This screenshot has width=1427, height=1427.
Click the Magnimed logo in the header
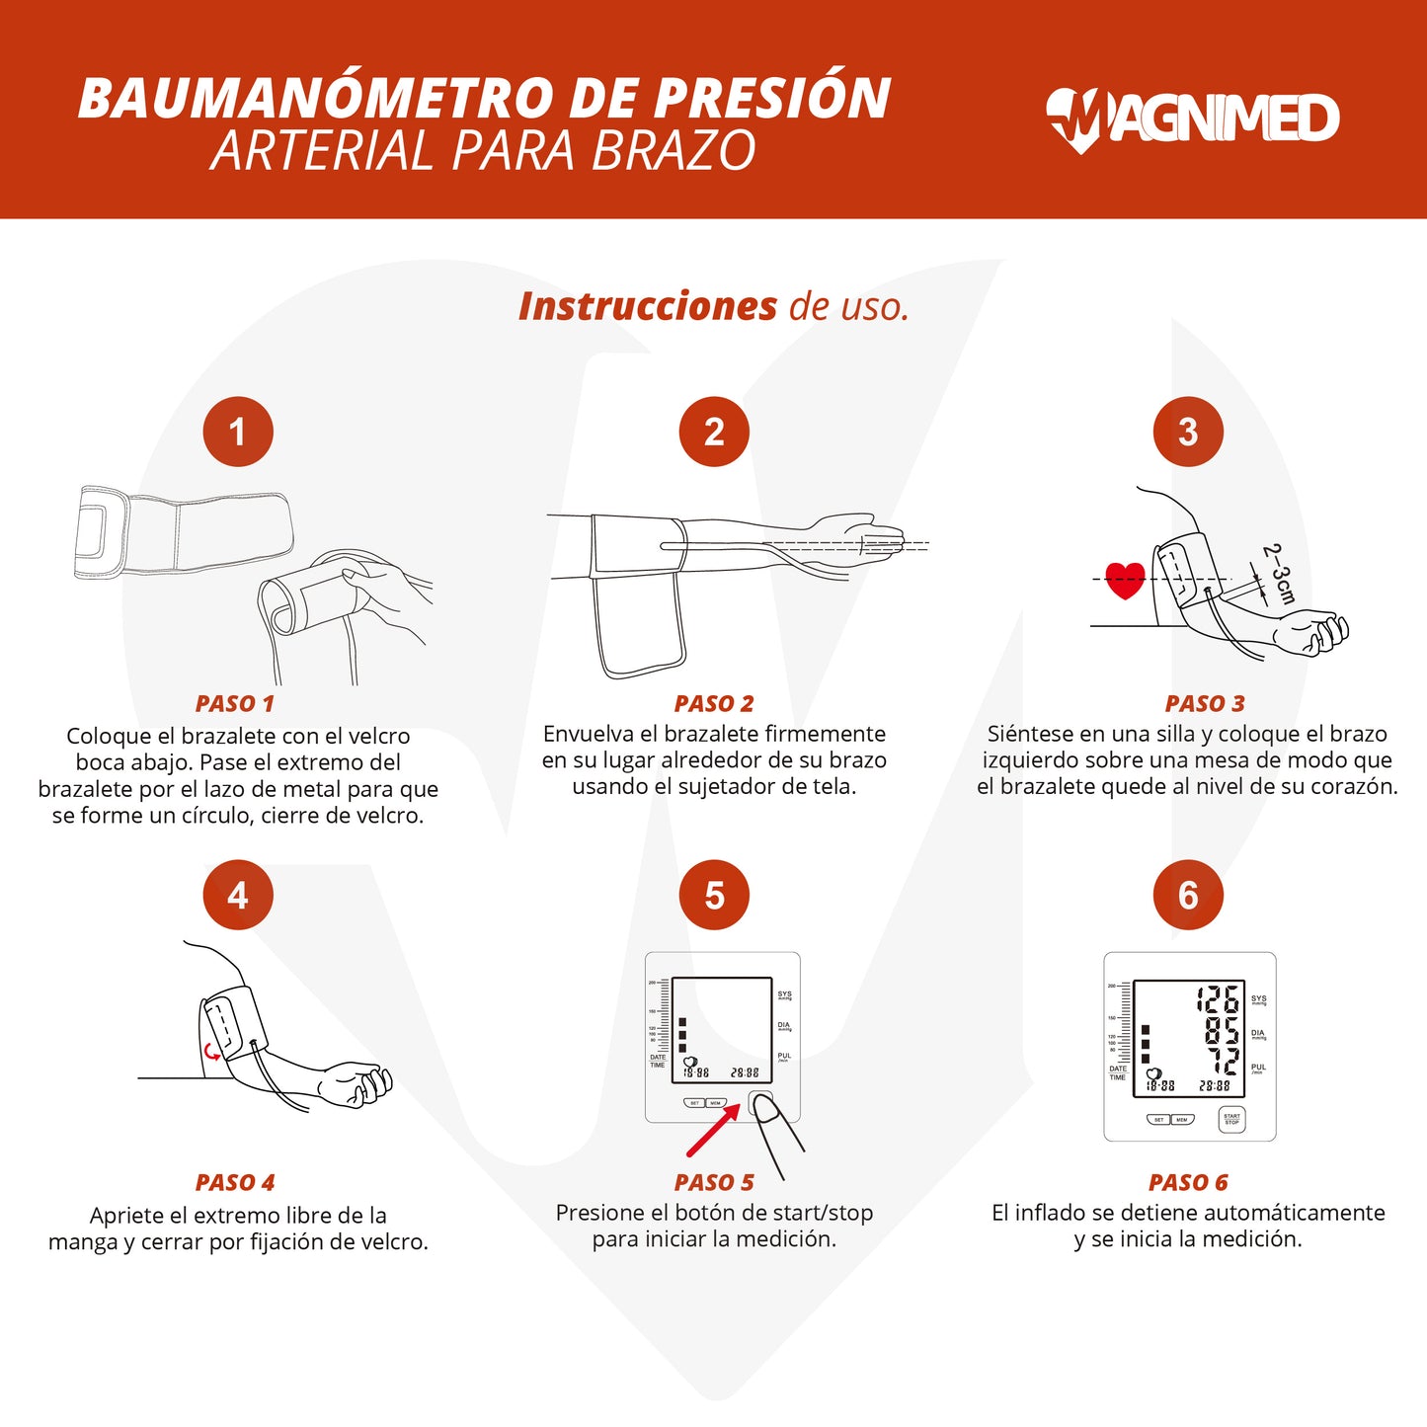(1192, 119)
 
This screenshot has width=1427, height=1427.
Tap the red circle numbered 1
(238, 433)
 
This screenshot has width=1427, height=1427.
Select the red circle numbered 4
(238, 896)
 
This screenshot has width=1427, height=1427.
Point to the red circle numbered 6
(1188, 896)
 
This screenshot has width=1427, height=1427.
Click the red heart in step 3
(1125, 580)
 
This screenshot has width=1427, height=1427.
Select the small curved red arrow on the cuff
(211, 1052)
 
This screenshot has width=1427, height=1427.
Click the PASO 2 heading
(713, 704)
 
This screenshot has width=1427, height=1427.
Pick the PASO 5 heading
(713, 1183)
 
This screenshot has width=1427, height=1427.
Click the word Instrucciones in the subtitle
(648, 307)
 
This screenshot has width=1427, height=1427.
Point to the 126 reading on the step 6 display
(1218, 999)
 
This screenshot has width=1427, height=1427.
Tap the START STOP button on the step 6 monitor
(1231, 1119)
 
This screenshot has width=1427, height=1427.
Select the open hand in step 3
(1311, 631)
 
